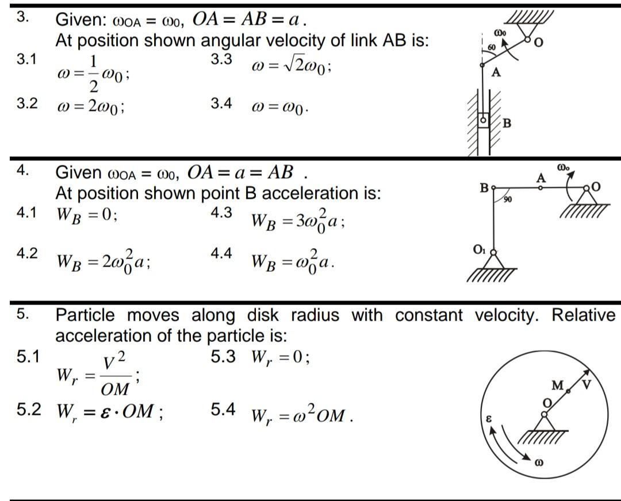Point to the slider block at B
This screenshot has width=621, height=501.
click(x=484, y=121)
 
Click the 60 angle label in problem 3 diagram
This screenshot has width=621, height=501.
click(x=492, y=46)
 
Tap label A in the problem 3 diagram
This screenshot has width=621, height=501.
click(x=496, y=73)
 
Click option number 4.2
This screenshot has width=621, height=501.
click(x=27, y=254)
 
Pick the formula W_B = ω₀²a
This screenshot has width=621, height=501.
click(x=293, y=262)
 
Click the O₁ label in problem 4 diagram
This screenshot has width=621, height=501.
click(x=479, y=250)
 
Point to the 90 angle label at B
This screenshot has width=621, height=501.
click(x=508, y=199)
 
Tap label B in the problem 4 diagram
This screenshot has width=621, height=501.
click(x=484, y=187)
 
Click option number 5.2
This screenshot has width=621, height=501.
click(x=27, y=410)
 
